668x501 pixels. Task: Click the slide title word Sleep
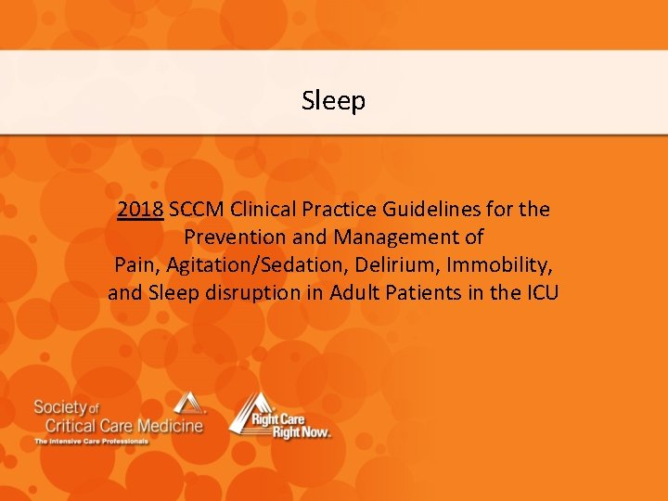pyautogui.click(x=333, y=100)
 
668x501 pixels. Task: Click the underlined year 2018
pyautogui.click(x=141, y=210)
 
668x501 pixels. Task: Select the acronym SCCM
pyautogui.click(x=199, y=210)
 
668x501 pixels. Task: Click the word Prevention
pyautogui.click(x=232, y=238)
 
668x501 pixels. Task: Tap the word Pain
pyautogui.click(x=135, y=265)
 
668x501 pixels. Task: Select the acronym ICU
pyautogui.click(x=539, y=293)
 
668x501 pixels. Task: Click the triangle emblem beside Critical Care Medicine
pyautogui.click(x=189, y=404)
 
